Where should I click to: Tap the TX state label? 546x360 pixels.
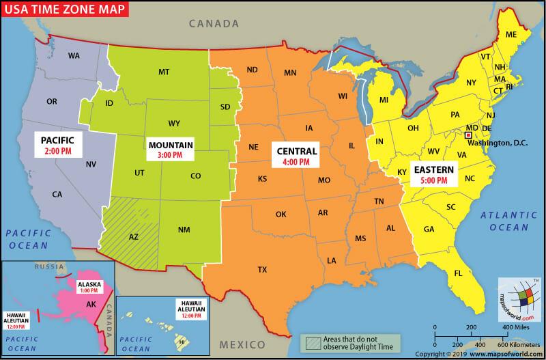(262, 269)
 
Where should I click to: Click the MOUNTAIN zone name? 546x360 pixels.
(171, 145)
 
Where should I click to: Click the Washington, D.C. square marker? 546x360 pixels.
(468, 136)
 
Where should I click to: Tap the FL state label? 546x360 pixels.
(459, 273)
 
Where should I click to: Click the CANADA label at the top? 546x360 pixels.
(214, 23)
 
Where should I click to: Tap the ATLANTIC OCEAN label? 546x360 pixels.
(504, 221)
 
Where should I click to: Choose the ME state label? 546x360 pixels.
(511, 34)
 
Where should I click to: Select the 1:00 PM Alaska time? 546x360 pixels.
(89, 290)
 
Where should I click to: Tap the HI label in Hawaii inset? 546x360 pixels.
(182, 339)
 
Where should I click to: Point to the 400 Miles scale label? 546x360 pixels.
(516, 328)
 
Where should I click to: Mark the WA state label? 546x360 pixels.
(74, 56)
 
